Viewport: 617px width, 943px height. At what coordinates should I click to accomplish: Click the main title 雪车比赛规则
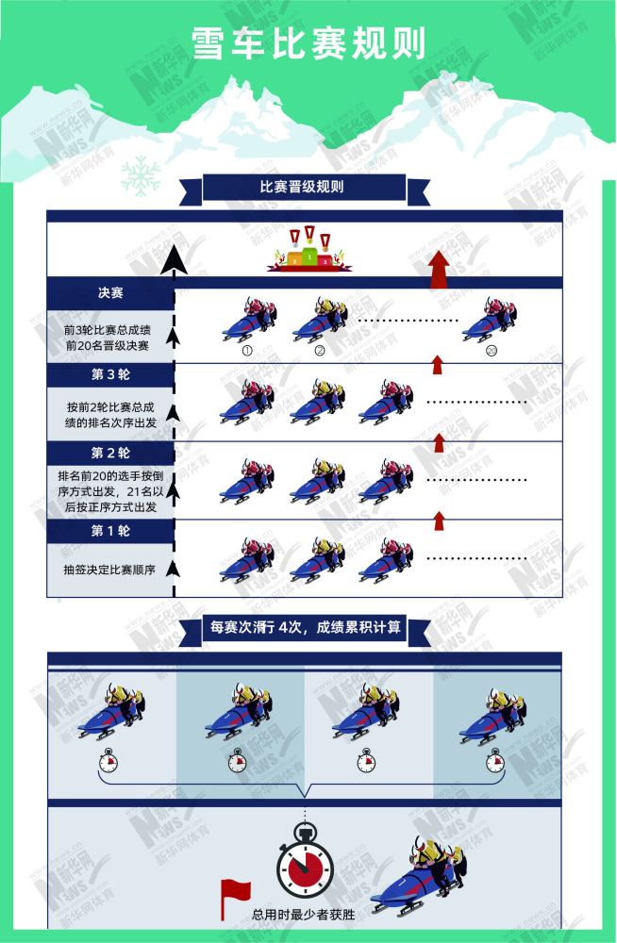click(308, 43)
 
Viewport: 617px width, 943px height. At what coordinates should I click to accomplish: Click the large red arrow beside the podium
click(439, 269)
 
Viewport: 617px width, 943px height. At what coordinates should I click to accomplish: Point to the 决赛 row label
click(110, 293)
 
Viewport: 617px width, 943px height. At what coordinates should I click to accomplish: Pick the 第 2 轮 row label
click(110, 452)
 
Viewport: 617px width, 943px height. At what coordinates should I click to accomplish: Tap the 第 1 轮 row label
click(110, 530)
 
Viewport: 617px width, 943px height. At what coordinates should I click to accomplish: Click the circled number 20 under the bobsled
click(492, 351)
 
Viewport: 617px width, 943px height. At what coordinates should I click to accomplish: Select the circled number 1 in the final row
click(247, 351)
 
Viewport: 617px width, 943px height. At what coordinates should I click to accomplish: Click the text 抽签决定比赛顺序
click(110, 570)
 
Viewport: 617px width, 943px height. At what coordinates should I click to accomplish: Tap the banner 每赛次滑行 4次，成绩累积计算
click(304, 629)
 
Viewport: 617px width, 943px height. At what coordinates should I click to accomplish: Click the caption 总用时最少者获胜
click(304, 914)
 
